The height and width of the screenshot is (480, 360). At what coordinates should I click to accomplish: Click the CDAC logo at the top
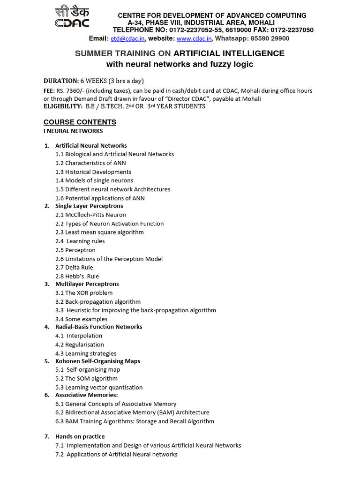72,17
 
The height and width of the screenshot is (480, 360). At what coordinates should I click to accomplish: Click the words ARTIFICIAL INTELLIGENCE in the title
229,53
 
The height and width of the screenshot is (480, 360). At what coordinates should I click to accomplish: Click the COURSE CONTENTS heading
80,122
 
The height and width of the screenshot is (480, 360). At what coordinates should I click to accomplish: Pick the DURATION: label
61,81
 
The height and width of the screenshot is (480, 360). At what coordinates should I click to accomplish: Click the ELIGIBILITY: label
63,106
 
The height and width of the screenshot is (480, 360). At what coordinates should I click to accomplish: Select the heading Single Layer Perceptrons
89,206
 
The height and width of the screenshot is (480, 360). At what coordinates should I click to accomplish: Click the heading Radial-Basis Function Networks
98,327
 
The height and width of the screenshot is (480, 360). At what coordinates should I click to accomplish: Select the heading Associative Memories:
86,395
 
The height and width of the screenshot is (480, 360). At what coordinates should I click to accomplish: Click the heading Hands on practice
80,436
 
